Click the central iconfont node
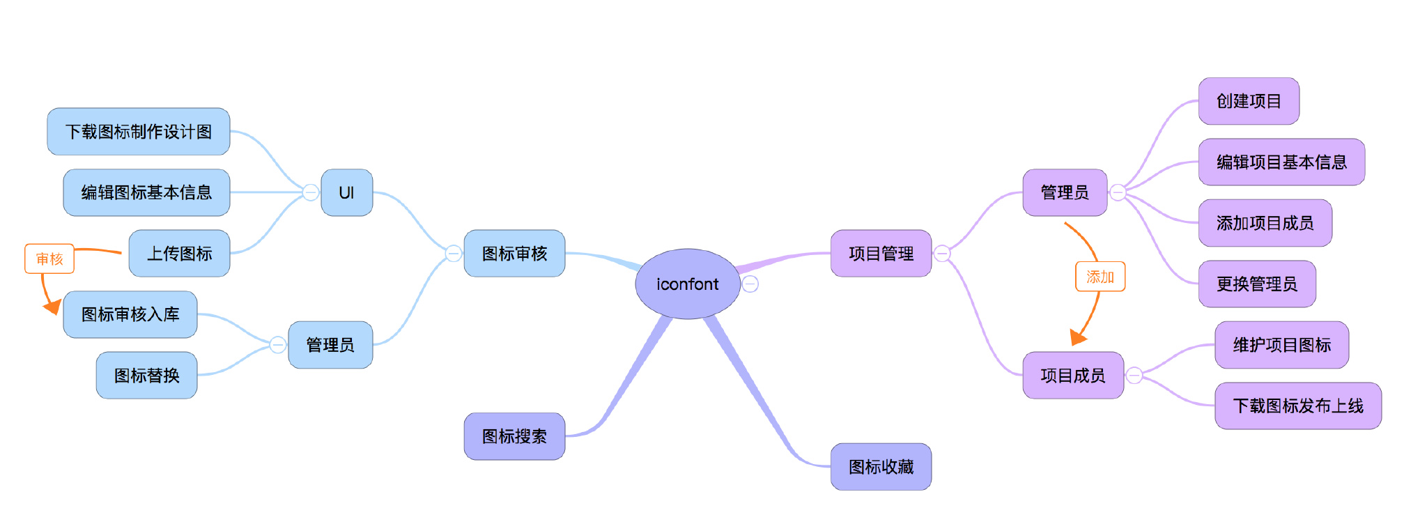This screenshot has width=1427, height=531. pyautogui.click(x=687, y=284)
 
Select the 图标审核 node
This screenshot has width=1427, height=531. pyautogui.click(x=514, y=254)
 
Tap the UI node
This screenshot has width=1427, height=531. pyautogui.click(x=346, y=192)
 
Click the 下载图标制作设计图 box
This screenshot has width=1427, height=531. pyautogui.click(x=138, y=132)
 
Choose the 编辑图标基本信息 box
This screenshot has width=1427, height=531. pyautogui.click(x=146, y=192)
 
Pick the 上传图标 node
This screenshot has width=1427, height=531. pyautogui.click(x=179, y=254)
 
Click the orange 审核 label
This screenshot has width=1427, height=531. pyautogui.click(x=49, y=259)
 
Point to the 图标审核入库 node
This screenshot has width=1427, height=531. pyautogui.click(x=130, y=314)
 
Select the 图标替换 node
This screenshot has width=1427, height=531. pyautogui.click(x=146, y=376)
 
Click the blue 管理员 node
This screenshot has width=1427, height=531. pyautogui.click(x=330, y=345)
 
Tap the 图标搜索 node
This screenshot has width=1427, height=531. pyautogui.click(x=514, y=436)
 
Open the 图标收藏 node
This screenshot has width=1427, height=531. pyautogui.click(x=881, y=467)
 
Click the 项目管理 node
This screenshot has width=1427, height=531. pyautogui.click(x=881, y=254)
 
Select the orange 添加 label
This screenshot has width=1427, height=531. pyautogui.click(x=1100, y=277)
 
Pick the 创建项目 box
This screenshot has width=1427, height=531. pyautogui.click(x=1249, y=101)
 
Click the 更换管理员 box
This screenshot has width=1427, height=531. pyautogui.click(x=1257, y=284)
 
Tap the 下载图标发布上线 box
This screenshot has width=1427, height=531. pyautogui.click(x=1298, y=406)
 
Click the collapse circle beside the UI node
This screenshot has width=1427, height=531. pyautogui.click(x=311, y=192)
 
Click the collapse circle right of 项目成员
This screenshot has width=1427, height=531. pyautogui.click(x=1134, y=376)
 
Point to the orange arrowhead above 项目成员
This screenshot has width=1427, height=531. pyautogui.click(x=1078, y=338)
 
